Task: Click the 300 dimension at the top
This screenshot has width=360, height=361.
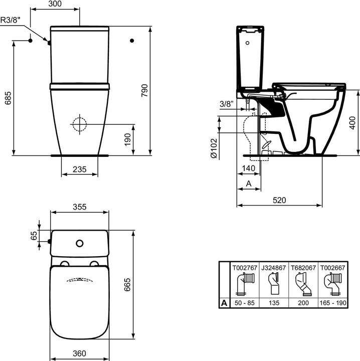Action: click(x=55, y=4)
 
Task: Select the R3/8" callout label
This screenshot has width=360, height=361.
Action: click(x=12, y=21)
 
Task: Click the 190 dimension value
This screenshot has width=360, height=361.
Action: click(x=127, y=139)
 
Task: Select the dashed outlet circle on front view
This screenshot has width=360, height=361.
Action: click(x=79, y=124)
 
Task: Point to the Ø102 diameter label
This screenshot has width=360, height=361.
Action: click(x=214, y=149)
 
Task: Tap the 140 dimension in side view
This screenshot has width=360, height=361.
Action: click(x=249, y=168)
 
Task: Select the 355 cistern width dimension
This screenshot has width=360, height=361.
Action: click(x=79, y=206)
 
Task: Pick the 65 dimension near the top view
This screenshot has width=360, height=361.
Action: click(x=34, y=236)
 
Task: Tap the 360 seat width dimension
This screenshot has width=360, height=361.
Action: click(x=79, y=353)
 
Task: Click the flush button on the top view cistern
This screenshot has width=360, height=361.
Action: click(x=79, y=244)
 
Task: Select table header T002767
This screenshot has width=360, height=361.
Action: click(x=244, y=268)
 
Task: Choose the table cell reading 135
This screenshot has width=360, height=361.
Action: click(x=274, y=303)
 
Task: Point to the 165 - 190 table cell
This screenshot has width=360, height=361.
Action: click(x=333, y=303)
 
